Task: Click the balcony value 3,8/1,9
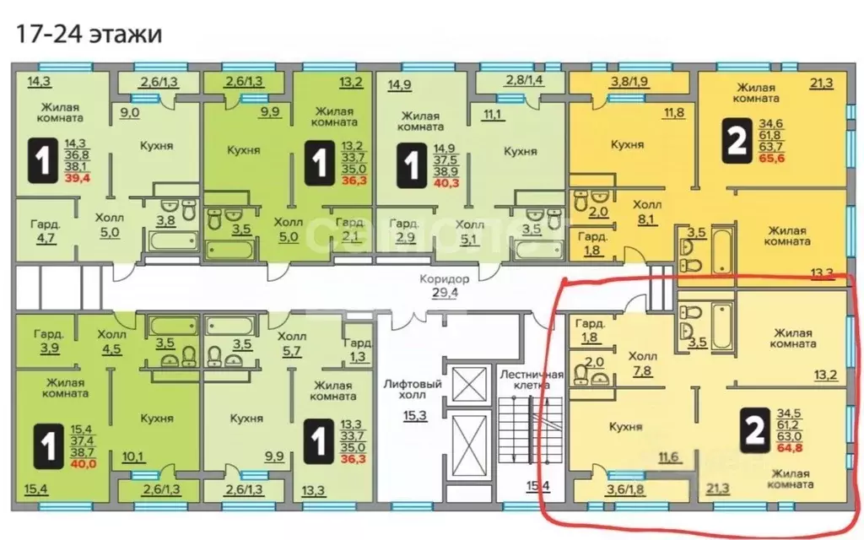click(628, 82)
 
